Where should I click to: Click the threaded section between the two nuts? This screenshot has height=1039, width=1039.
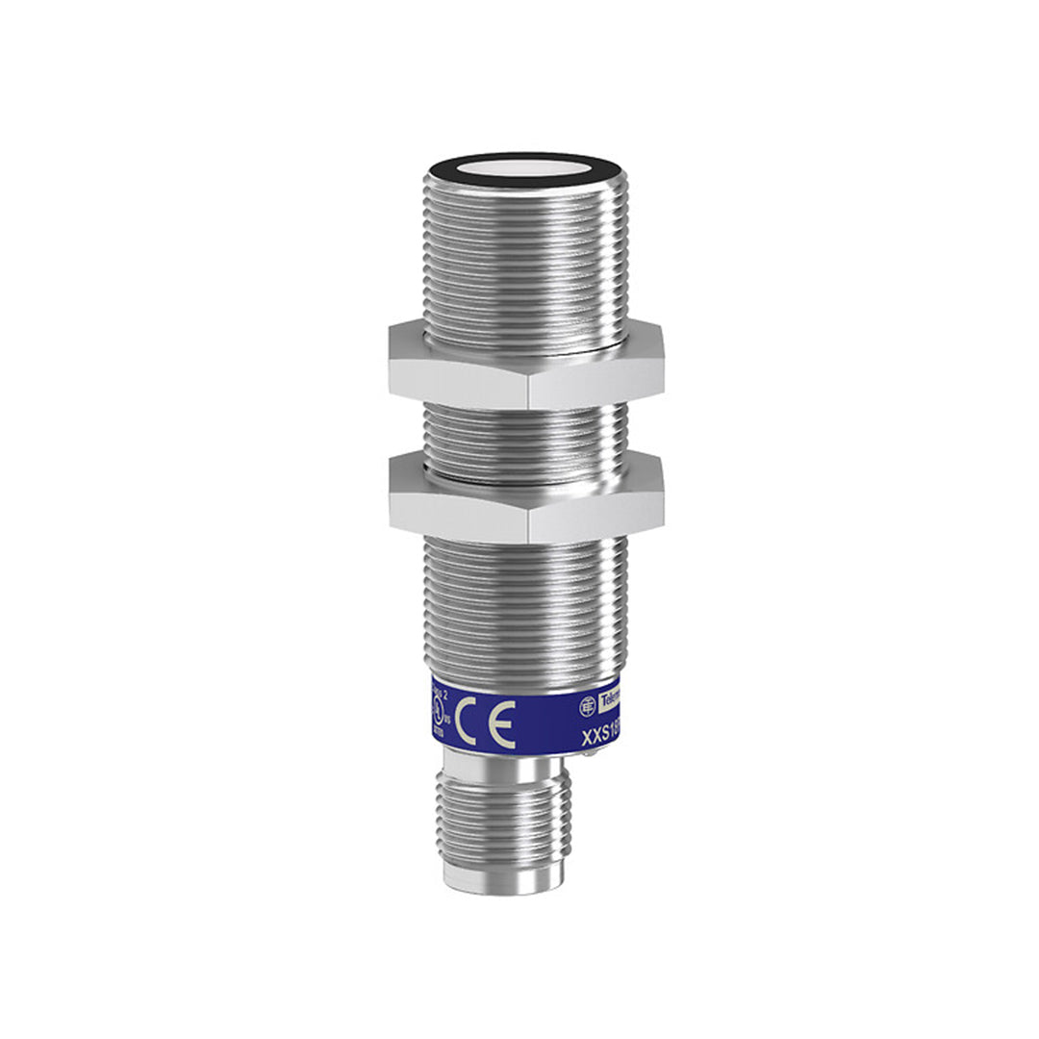coord(524,438)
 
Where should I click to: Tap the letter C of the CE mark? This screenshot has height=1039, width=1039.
coord(469,723)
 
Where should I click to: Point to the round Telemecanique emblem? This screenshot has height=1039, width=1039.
coord(587,705)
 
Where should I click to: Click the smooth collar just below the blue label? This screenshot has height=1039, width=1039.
coord(510,766)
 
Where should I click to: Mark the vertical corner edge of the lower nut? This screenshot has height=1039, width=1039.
coord(527,519)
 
